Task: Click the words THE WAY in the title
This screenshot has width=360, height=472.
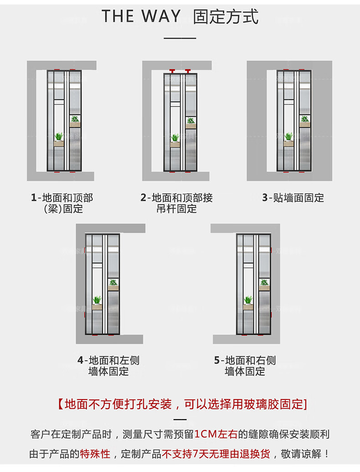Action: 141,16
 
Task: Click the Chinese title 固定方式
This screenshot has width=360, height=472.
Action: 226,16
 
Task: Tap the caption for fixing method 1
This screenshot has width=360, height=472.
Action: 62,203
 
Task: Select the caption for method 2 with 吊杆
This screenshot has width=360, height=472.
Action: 176,203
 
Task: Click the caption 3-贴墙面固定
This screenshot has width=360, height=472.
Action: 293,198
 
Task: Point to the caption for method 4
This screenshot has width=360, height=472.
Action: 108,366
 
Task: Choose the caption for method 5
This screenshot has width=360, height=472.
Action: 245,366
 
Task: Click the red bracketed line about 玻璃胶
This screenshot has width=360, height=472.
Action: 181,404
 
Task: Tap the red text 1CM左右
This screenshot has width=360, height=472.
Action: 216,434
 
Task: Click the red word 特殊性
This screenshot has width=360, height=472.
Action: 95,454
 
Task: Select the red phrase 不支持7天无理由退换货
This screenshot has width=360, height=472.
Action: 216,454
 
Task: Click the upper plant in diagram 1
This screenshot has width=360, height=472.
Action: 75,119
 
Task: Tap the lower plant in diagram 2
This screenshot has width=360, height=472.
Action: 175,138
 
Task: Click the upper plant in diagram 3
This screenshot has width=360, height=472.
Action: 304,119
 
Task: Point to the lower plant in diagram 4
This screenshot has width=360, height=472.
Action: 97,300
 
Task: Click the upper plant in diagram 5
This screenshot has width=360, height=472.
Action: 264,282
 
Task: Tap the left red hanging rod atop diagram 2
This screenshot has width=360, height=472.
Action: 172,71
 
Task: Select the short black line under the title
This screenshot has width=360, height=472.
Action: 180,38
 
